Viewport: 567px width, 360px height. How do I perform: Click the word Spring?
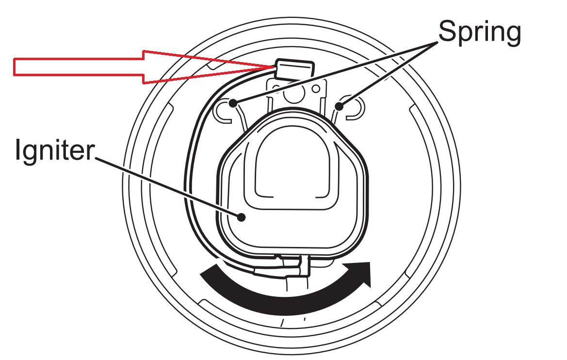point(480,32)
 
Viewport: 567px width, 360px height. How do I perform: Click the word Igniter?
point(55,150)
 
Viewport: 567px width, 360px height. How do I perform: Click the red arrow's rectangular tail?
point(79,67)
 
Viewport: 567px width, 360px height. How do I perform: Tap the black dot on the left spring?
point(233,103)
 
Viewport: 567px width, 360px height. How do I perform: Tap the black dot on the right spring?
point(339,106)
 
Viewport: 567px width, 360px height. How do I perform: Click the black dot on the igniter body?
point(241,217)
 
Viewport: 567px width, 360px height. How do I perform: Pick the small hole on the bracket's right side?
point(316,89)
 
